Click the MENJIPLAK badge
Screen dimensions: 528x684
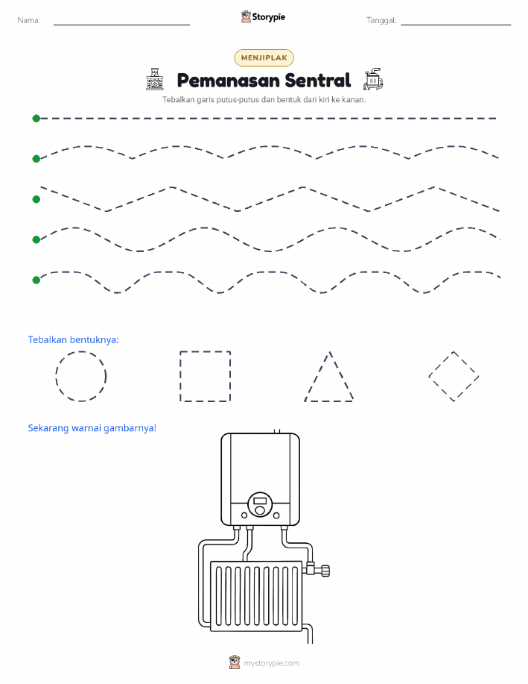(x=264, y=57)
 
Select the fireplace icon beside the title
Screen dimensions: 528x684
(x=155, y=79)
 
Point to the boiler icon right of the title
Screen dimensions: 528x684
(x=373, y=79)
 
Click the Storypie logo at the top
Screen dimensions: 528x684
(x=263, y=17)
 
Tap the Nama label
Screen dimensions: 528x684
(x=29, y=20)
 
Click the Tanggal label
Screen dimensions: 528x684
(x=381, y=20)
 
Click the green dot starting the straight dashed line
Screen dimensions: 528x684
(x=36, y=118)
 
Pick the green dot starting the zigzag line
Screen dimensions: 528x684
(x=36, y=199)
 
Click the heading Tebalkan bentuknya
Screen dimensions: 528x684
(x=73, y=340)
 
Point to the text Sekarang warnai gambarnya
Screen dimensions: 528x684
(x=92, y=428)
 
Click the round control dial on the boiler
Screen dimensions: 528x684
(x=260, y=505)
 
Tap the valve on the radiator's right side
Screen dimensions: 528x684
(x=317, y=569)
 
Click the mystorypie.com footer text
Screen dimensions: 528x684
(x=271, y=663)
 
